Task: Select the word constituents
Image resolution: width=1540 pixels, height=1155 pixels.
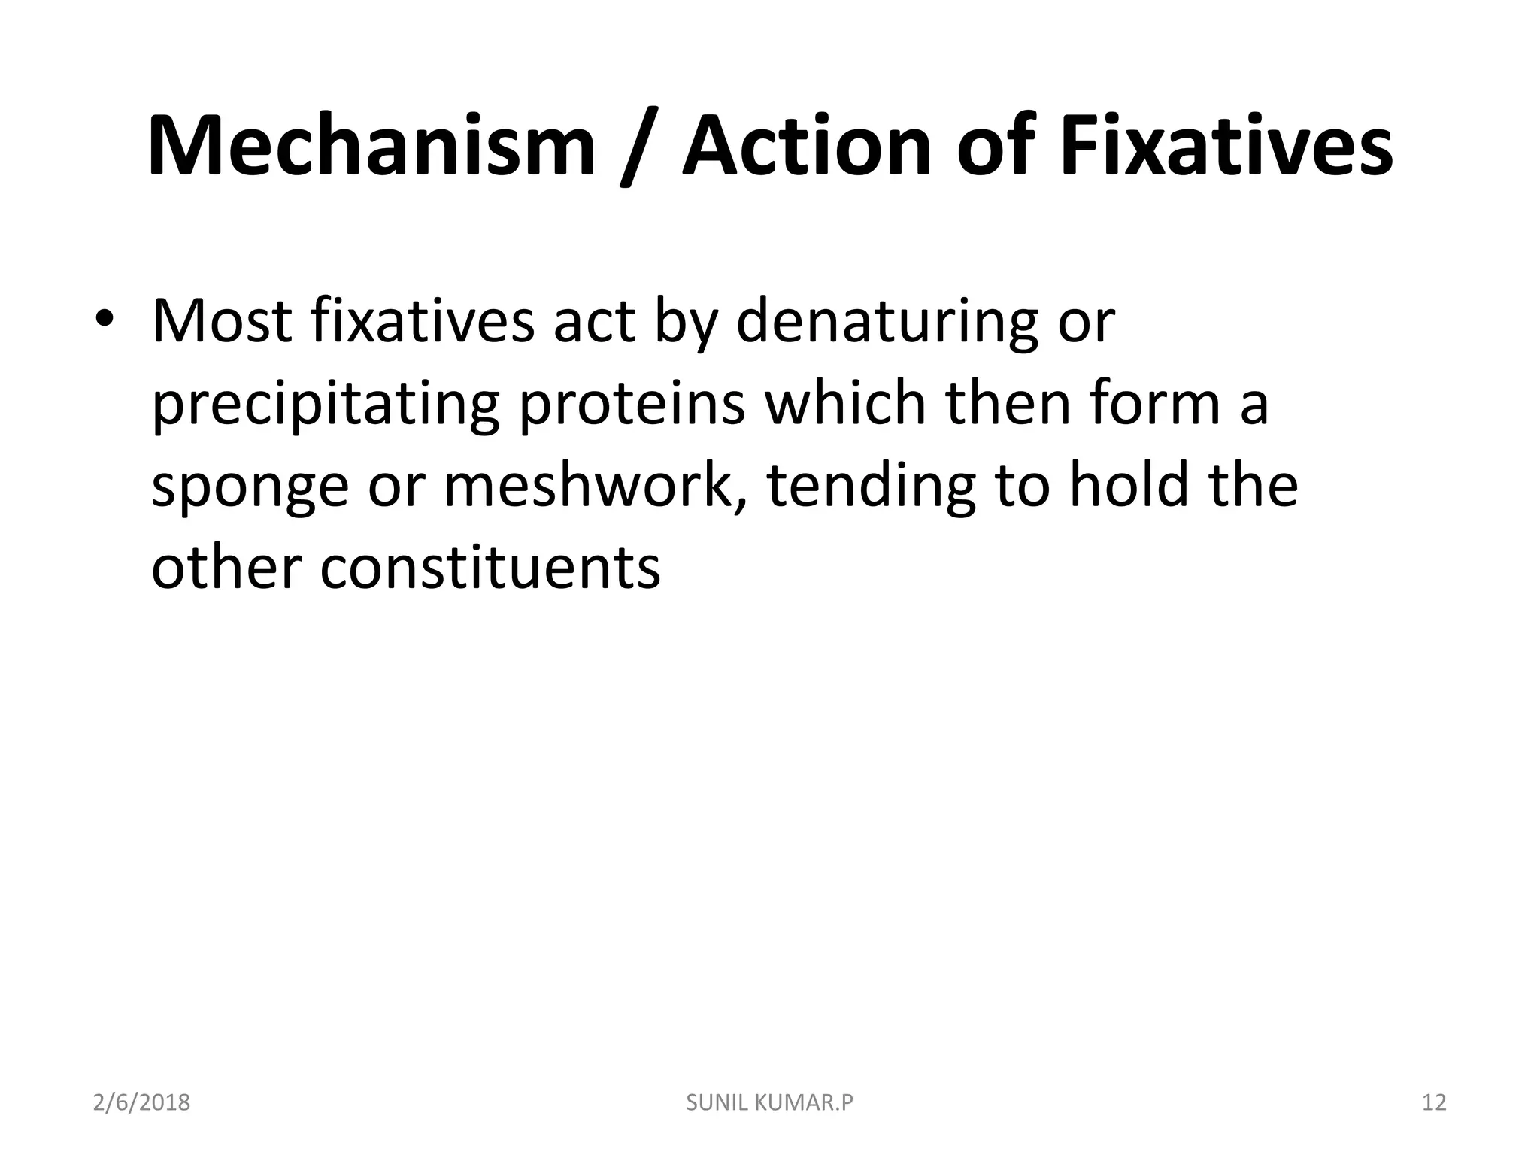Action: click(x=490, y=567)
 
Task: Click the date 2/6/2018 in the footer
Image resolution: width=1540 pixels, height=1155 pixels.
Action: click(x=141, y=1103)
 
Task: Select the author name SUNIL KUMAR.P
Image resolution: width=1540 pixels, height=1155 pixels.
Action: click(x=770, y=1103)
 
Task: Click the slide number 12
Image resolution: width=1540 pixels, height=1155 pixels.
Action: click(x=1434, y=1103)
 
